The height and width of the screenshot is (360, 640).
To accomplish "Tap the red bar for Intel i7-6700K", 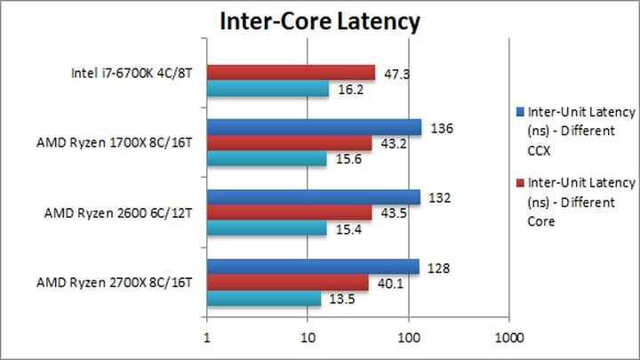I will (291, 73).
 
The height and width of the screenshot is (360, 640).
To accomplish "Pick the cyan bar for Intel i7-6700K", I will (268, 89).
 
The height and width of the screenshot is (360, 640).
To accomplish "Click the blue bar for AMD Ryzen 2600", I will (313, 196).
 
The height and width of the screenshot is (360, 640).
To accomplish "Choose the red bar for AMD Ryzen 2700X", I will (287, 283).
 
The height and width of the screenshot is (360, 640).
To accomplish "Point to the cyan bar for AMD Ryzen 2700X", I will (264, 299).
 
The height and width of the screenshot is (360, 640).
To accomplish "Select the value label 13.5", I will (338, 299).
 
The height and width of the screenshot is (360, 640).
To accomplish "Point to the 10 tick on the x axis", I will (308, 338).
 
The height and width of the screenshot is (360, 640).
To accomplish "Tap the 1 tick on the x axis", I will (207, 338).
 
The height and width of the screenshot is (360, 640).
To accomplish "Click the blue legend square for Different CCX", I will (520, 113).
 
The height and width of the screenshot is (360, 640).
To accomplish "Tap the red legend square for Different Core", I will (520, 182).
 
